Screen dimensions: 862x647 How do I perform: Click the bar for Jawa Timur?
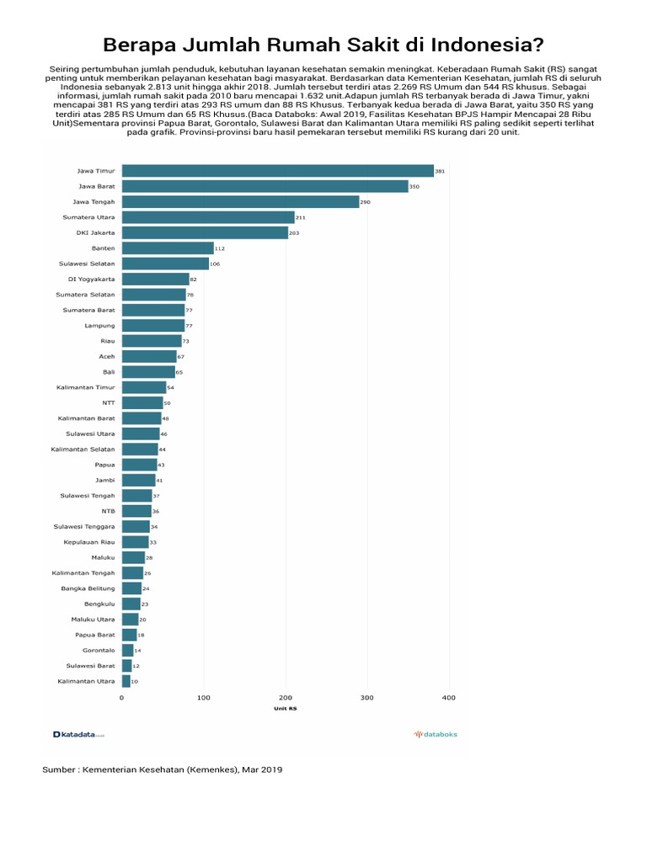click(x=278, y=171)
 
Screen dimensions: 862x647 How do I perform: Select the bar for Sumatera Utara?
click(x=208, y=217)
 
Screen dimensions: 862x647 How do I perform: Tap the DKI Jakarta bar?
click(x=205, y=232)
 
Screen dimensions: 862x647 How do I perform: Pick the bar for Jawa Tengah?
click(x=240, y=202)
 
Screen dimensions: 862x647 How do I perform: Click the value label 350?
click(x=414, y=187)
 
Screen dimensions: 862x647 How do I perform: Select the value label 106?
click(x=215, y=263)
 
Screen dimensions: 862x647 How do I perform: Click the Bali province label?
click(x=109, y=371)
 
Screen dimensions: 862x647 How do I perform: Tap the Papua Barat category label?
click(x=94, y=635)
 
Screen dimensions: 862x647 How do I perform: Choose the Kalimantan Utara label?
click(x=86, y=681)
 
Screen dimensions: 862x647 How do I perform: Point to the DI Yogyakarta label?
click(x=92, y=279)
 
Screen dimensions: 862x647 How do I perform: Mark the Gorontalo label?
click(x=99, y=650)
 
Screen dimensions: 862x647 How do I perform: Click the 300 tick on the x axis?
click(x=366, y=698)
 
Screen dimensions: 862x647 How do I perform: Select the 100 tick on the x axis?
click(x=203, y=698)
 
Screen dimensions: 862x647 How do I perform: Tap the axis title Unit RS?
click(x=285, y=709)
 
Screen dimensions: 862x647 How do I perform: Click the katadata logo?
click(x=78, y=734)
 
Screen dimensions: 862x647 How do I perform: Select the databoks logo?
click(x=436, y=734)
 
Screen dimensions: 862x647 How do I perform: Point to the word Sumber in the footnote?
click(x=59, y=769)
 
